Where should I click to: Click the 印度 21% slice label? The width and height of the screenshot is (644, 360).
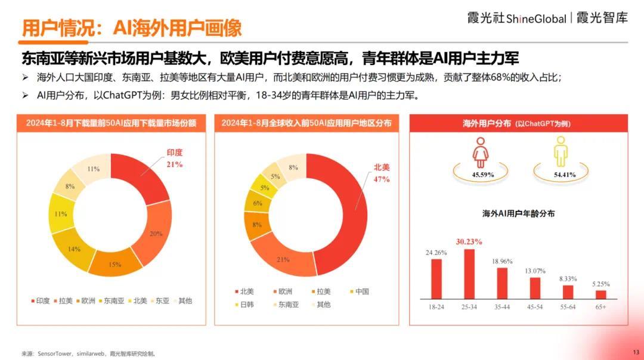pyautogui.click(x=175, y=159)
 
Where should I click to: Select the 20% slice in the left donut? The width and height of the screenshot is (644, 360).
pyautogui.click(x=156, y=234)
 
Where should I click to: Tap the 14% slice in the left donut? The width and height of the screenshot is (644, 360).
pyautogui.click(x=74, y=249)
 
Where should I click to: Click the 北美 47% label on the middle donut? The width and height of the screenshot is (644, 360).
pyautogui.click(x=381, y=173)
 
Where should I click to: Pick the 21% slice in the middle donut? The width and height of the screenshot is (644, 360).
pyautogui.click(x=283, y=259)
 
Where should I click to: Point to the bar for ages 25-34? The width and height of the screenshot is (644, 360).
pyautogui.click(x=469, y=273)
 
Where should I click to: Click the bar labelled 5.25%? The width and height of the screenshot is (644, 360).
pyautogui.click(x=600, y=294)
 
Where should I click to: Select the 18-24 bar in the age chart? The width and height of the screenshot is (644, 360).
pyautogui.click(x=436, y=278)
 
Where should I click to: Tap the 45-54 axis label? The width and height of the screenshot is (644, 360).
pyautogui.click(x=535, y=306)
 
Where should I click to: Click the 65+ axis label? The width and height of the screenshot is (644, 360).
pyautogui.click(x=600, y=306)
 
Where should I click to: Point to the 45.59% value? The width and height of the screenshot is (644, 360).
pyautogui.click(x=482, y=175)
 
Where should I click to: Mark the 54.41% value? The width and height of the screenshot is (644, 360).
pyautogui.click(x=564, y=175)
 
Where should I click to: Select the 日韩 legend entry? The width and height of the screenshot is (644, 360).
pyautogui.click(x=246, y=305)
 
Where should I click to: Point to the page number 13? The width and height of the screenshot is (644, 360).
pyautogui.click(x=635, y=352)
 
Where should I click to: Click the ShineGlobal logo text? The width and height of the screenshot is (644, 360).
pyautogui.click(x=536, y=18)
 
